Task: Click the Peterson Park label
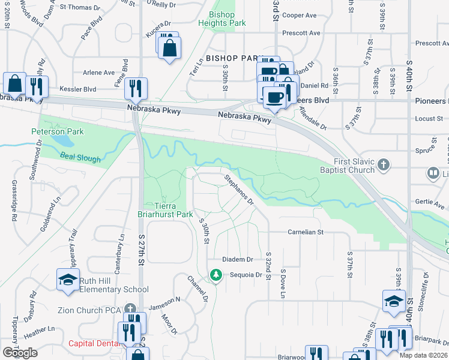pyautogui.click(x=58, y=131)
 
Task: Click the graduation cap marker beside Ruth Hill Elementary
pyautogui.click(x=68, y=280)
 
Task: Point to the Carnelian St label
pyautogui.click(x=305, y=232)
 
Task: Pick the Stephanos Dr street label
pyautogui.click(x=239, y=188)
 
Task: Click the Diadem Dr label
pyautogui.click(x=238, y=260)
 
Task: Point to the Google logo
pyautogui.click(x=20, y=353)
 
